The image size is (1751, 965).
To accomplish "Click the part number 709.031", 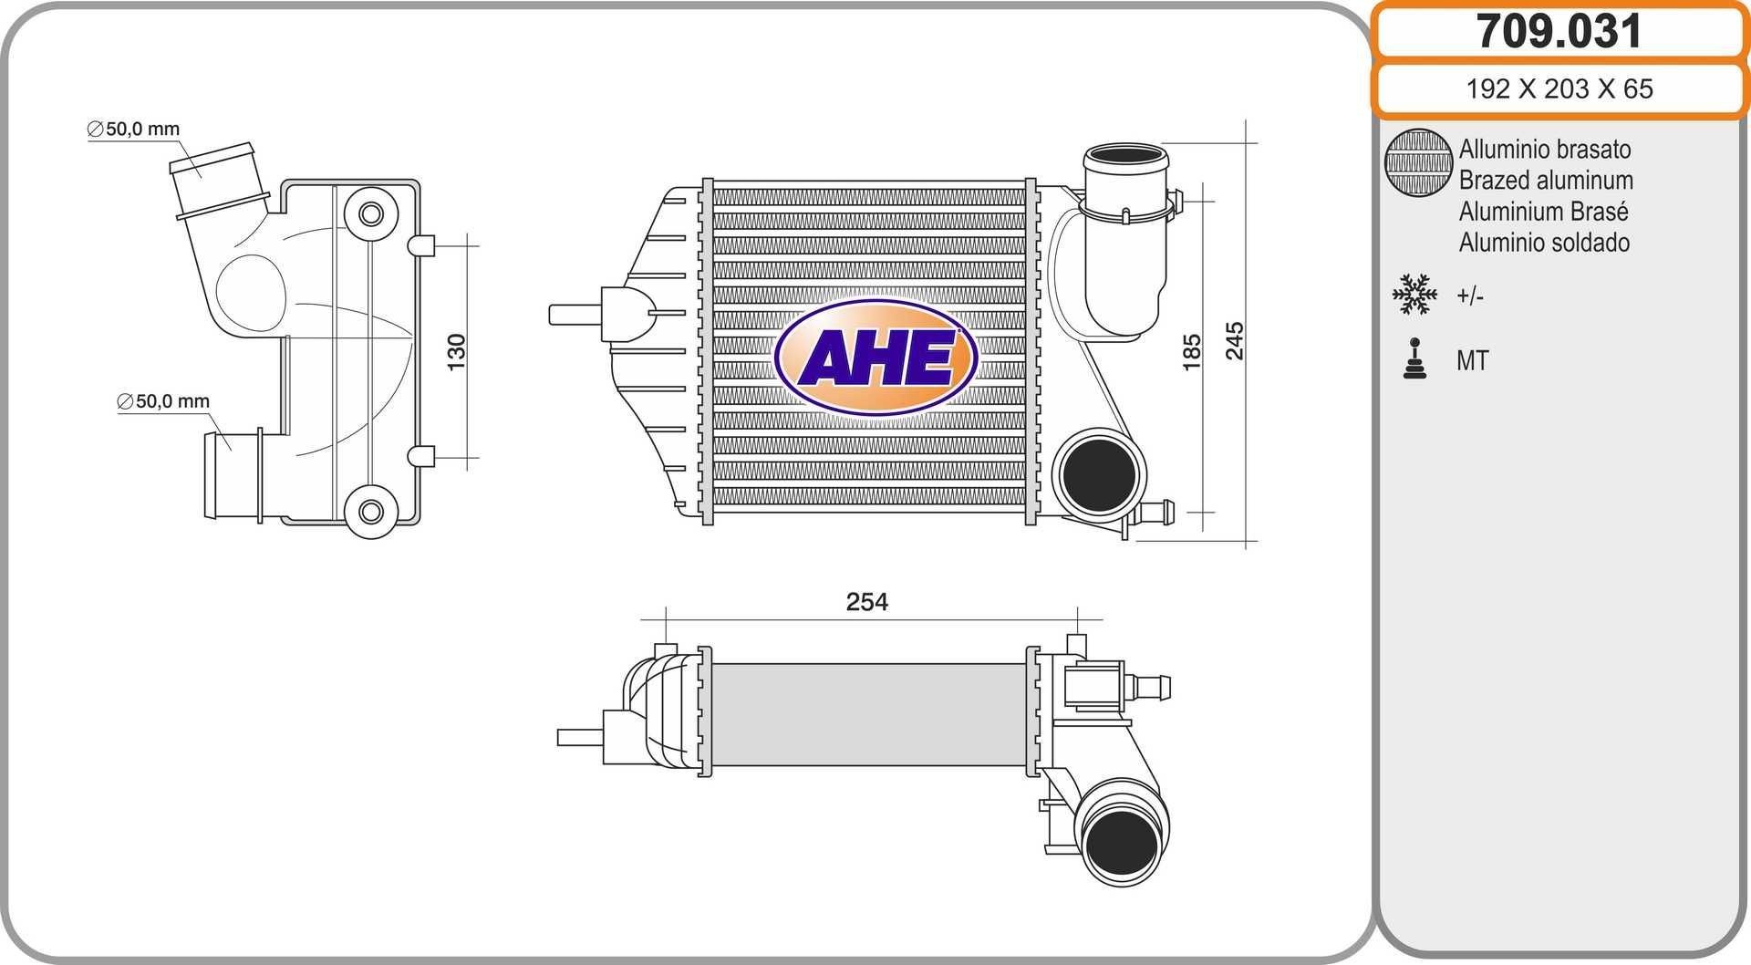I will [x=1559, y=32].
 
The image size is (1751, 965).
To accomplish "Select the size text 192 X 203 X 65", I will [x=1559, y=88].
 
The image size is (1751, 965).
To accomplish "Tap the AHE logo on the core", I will [x=875, y=357].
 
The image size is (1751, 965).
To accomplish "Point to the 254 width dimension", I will [x=866, y=602].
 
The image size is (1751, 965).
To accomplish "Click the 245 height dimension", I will [x=1234, y=341].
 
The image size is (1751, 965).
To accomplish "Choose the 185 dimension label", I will [x=1191, y=352].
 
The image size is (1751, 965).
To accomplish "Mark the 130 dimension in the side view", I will [x=456, y=352].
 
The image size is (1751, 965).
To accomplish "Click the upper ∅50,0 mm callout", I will [x=134, y=130].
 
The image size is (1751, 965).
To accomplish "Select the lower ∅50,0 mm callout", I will [x=164, y=401].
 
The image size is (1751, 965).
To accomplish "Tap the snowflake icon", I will [x=1414, y=295].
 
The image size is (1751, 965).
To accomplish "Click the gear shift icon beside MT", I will [x=1414, y=359].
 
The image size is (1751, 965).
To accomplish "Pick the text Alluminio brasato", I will [x=1544, y=149].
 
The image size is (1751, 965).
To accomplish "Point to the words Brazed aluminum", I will [x=1546, y=180].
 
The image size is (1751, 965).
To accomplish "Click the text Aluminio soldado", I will [x=1544, y=243].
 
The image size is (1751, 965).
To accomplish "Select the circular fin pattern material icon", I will [x=1418, y=162].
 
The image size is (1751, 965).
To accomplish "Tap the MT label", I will [x=1472, y=360].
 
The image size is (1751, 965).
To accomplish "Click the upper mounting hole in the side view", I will [x=370, y=214].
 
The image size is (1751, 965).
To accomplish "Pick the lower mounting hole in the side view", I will [x=370, y=511].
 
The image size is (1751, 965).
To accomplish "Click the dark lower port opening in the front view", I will [x=1099, y=474].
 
